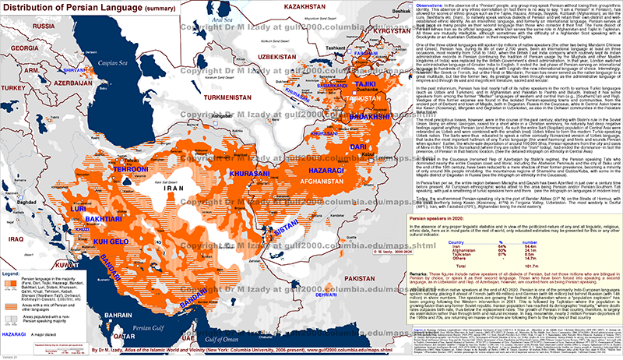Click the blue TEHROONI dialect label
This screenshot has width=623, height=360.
[x=104, y=146]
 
